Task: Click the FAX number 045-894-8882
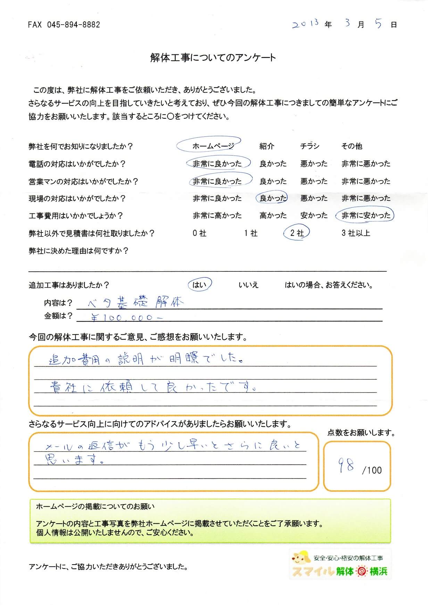[x=64, y=25]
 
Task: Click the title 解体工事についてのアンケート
[x=213, y=58]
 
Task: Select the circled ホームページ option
[x=213, y=146]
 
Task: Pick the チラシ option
[x=310, y=146]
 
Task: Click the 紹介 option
[x=266, y=146]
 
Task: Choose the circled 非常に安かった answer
[x=366, y=215]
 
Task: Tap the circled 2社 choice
[x=297, y=233]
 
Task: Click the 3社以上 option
[x=356, y=233]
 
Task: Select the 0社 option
[x=199, y=233]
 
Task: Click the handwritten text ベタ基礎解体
[x=135, y=303]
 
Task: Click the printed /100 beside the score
[x=372, y=471]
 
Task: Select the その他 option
[x=351, y=146]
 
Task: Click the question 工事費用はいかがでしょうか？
[x=76, y=216]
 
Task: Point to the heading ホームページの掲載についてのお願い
[x=95, y=507]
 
